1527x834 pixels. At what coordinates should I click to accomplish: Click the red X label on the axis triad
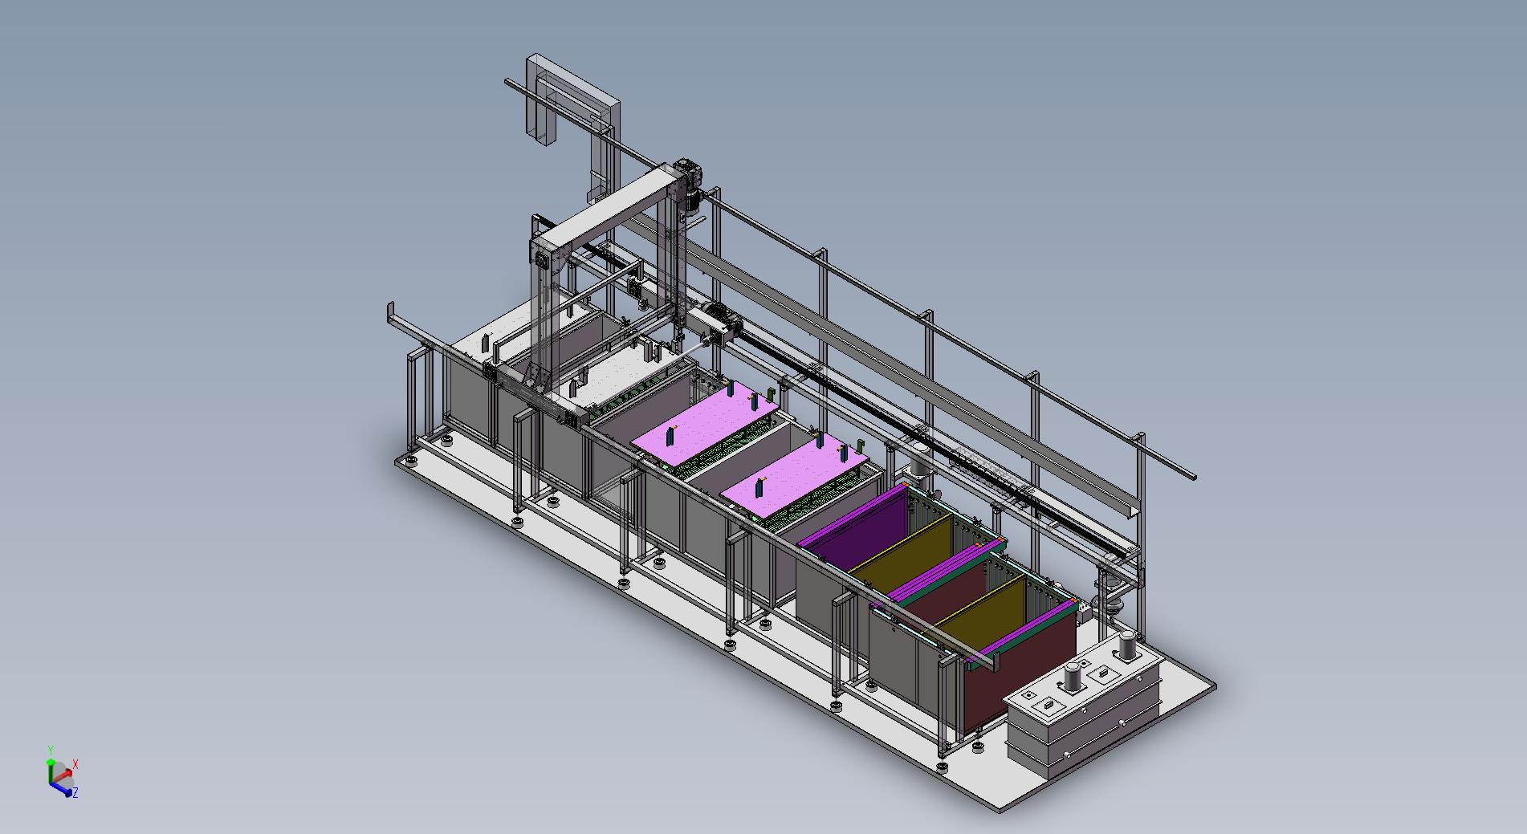pyautogui.click(x=75, y=763)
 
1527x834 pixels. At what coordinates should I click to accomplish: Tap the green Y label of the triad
pyautogui.click(x=50, y=749)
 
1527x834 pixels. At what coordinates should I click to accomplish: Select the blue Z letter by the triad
pyautogui.click(x=75, y=793)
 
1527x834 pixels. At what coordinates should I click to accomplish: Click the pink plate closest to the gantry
pyautogui.click(x=706, y=425)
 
